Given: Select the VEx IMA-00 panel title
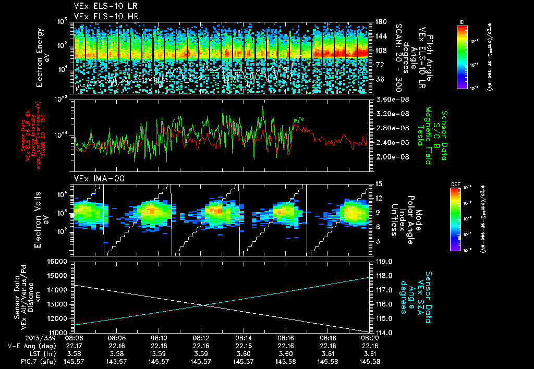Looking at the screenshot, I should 94,178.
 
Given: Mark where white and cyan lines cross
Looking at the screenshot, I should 204,305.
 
